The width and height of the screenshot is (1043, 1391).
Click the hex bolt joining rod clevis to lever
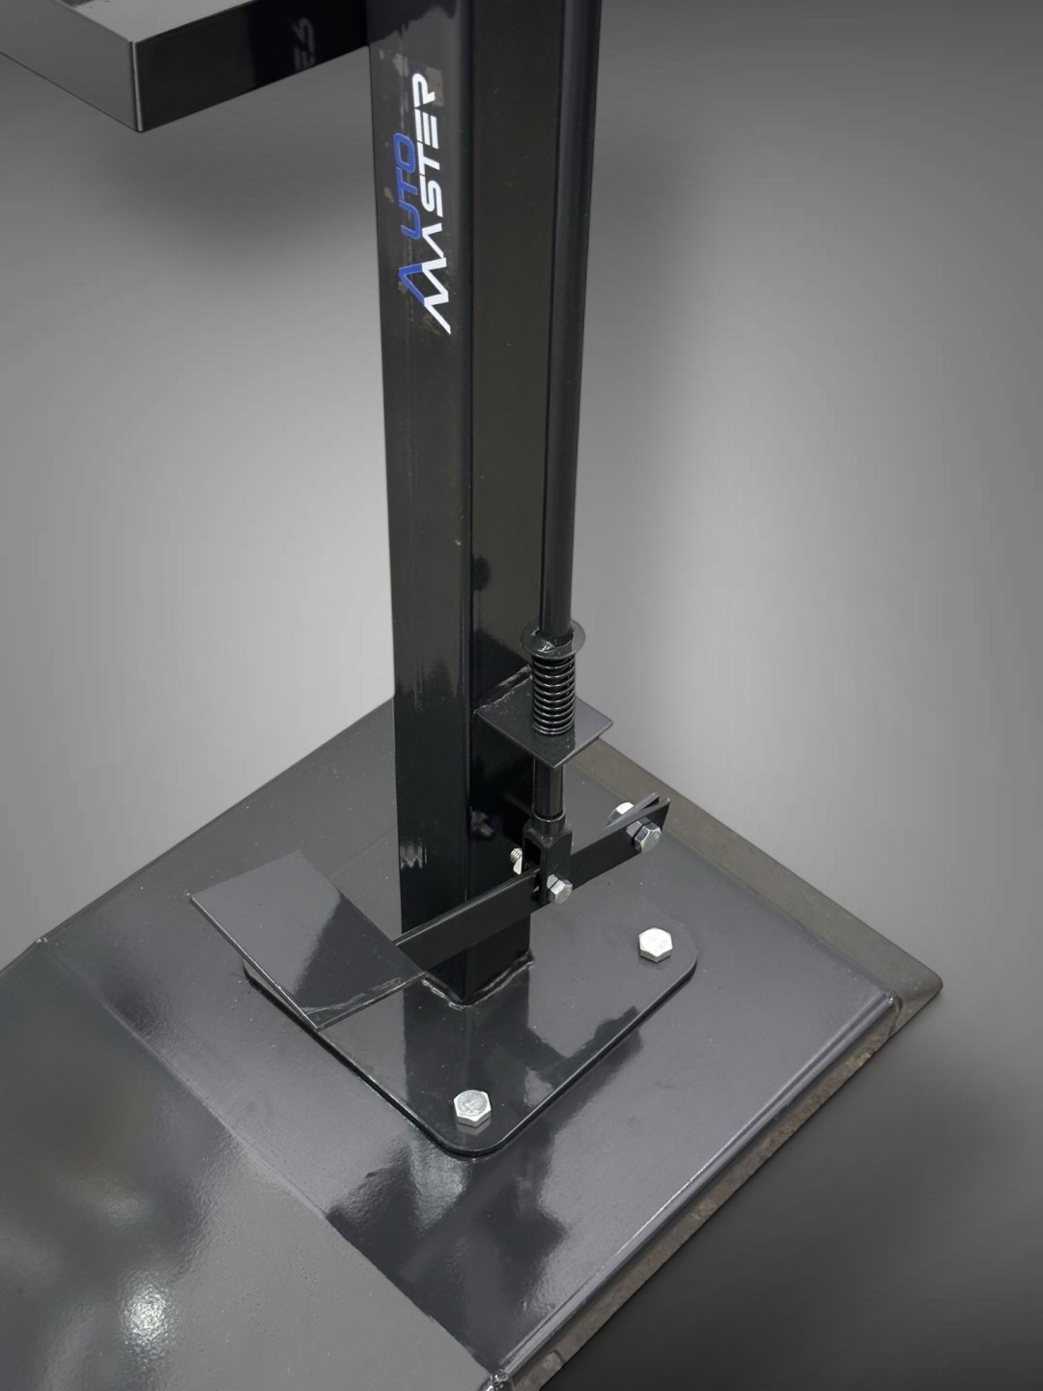[x=559, y=889]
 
